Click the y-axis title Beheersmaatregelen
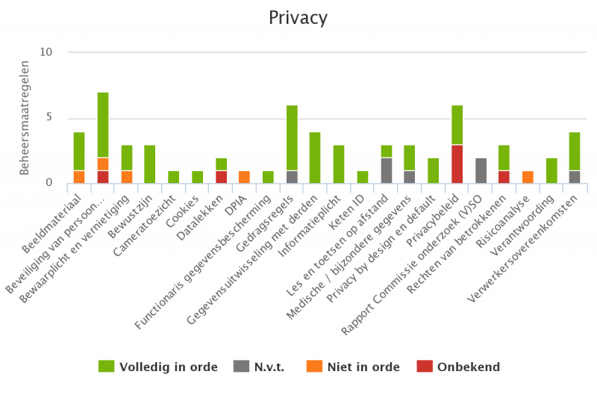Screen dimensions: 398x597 (x=25, y=118)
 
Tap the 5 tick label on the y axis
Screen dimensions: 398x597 (x=49, y=117)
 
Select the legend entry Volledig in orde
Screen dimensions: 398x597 (x=158, y=367)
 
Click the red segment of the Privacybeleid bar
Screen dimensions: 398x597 (x=457, y=164)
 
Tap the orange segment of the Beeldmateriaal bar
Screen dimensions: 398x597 (x=79, y=177)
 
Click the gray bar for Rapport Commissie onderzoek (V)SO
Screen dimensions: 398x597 (x=481, y=170)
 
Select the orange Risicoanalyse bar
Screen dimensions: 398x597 (x=528, y=177)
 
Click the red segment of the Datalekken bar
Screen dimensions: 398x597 (x=221, y=177)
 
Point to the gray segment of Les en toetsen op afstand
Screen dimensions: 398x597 (x=387, y=170)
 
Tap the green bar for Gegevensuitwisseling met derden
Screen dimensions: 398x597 (x=316, y=158)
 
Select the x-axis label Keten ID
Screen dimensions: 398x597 (x=349, y=209)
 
